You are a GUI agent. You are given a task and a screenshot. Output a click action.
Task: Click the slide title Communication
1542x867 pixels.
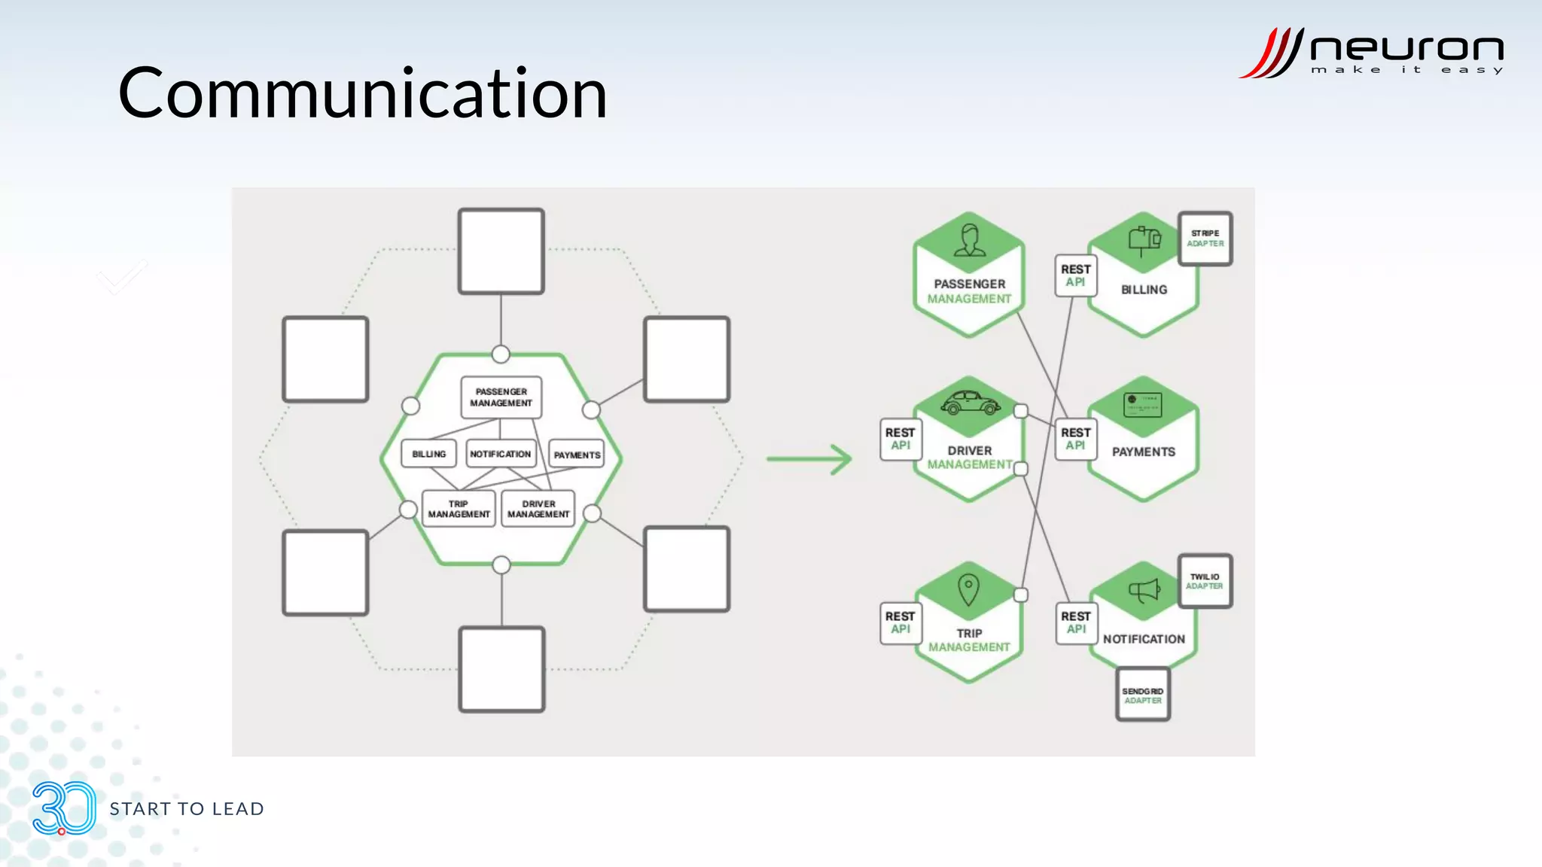tap(362, 93)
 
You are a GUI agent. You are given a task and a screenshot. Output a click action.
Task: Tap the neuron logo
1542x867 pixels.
tap(1370, 53)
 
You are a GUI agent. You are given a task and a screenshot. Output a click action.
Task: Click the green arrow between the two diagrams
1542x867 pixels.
tap(809, 458)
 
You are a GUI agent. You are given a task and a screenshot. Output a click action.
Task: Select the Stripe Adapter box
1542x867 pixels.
tap(1205, 239)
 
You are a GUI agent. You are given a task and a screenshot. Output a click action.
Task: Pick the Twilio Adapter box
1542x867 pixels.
tap(1204, 581)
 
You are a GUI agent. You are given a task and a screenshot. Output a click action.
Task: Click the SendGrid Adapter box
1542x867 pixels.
tap(1142, 695)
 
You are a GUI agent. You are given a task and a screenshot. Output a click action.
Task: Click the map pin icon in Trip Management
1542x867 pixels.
tap(968, 589)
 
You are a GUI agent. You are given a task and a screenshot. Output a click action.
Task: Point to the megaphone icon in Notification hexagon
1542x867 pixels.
tap(1144, 591)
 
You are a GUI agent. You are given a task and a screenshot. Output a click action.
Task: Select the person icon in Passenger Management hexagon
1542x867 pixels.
tap(969, 240)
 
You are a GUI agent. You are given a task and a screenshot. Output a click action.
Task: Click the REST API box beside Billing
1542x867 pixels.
tap(1075, 275)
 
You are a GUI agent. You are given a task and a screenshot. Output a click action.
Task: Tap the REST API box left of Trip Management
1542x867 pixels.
tap(900, 622)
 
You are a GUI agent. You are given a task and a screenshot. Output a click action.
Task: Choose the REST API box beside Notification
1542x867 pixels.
tap(1075, 622)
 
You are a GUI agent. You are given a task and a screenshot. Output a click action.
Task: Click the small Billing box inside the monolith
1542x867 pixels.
tap(428, 454)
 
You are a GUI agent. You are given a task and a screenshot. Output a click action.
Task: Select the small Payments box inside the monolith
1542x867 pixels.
tap(577, 455)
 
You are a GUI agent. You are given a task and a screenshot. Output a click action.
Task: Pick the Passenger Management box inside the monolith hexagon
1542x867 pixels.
tap(501, 397)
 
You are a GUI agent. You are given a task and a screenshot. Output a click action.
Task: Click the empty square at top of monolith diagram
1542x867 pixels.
tap(501, 251)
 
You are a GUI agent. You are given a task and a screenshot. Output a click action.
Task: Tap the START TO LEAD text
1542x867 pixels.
tap(187, 809)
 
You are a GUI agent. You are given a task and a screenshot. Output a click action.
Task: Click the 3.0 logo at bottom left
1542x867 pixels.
tap(64, 808)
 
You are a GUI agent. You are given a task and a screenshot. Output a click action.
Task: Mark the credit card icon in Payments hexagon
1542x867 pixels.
tap(1142, 405)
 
